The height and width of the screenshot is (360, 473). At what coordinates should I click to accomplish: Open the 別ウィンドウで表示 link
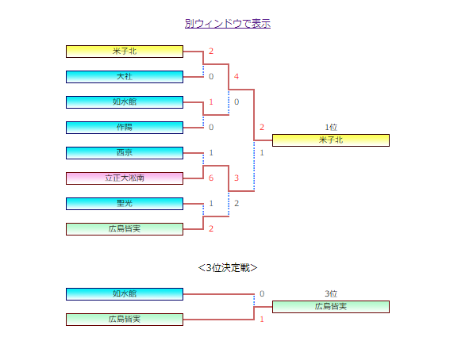228,24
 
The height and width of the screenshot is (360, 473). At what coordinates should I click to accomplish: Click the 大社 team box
125,77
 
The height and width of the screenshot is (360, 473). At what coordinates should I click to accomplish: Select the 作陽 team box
125,128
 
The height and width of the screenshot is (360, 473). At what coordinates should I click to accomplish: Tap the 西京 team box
125,153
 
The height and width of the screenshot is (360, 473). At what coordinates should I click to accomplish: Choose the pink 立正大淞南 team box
125,178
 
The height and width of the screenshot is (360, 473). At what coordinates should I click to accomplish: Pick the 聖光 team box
125,204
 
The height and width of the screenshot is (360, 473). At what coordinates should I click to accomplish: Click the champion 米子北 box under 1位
331,140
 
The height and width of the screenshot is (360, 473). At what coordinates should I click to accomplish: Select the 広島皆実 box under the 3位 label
331,307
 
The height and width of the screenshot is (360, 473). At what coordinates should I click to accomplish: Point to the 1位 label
331,127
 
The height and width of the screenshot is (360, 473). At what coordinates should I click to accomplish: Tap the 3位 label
331,293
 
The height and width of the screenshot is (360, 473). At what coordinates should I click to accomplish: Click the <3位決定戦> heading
228,268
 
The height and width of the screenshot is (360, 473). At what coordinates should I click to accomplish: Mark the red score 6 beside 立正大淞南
211,178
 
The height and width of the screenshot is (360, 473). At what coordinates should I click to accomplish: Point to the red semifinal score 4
236,77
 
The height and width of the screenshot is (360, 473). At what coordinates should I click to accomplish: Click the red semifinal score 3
236,178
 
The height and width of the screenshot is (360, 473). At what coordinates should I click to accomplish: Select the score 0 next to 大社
211,77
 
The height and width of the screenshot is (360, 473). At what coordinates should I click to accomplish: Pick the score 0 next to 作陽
211,127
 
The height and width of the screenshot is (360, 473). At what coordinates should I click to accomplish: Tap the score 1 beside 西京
211,152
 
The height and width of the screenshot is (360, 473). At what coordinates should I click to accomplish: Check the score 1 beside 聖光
211,203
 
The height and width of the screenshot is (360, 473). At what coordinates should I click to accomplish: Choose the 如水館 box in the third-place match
125,294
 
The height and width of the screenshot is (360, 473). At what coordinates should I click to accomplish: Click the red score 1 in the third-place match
262,319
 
